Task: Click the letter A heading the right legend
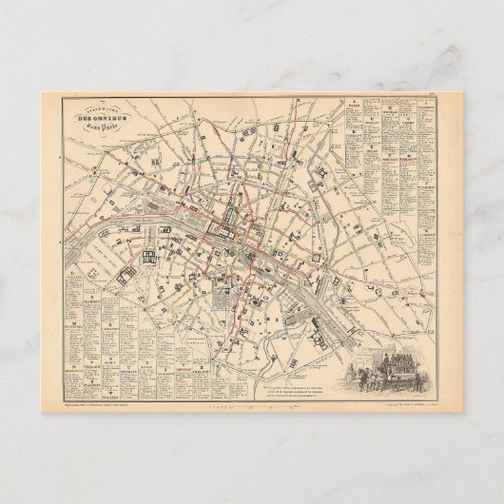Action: click(x=353, y=97)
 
